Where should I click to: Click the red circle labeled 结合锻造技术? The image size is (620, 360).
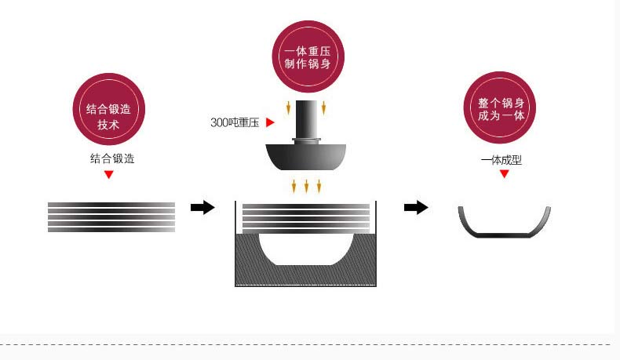[108, 108]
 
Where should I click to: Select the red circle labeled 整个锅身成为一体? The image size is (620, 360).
[501, 107]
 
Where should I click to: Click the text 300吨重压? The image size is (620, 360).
[235, 122]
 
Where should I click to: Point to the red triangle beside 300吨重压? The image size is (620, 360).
[269, 122]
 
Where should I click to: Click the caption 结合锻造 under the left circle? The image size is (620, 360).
[112, 158]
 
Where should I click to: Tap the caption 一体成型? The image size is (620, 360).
[501, 160]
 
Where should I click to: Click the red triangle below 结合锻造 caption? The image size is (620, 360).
[109, 174]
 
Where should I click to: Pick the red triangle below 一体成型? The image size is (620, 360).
[505, 173]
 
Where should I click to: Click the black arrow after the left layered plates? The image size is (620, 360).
[202, 207]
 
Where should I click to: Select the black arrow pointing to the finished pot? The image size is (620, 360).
[416, 207]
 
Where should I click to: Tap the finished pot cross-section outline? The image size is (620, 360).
[504, 233]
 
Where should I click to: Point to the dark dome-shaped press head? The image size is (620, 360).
[306, 158]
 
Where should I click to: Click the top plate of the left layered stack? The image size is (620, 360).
[111, 205]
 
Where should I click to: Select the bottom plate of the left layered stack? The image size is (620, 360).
[111, 230]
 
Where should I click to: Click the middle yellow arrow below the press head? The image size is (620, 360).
[306, 186]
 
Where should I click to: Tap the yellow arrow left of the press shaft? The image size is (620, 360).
[288, 107]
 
